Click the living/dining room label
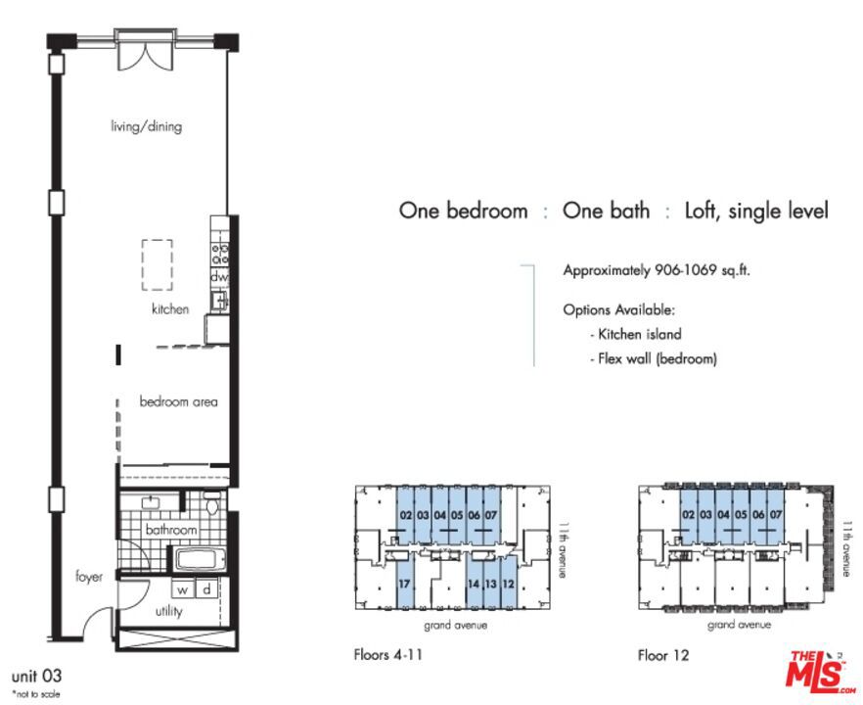[x=147, y=126]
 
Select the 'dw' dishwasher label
[x=218, y=277]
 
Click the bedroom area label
[x=178, y=401]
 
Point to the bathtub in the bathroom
[x=200, y=561]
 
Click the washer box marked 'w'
[x=182, y=589]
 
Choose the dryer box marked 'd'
[x=207, y=589]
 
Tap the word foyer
[x=89, y=577]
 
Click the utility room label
[x=168, y=611]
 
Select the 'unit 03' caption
[x=36, y=676]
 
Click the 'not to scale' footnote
[x=36, y=694]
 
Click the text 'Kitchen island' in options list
[x=640, y=334]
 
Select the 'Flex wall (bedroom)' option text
[x=658, y=359]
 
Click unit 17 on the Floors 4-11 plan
[x=404, y=584]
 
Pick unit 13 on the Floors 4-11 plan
[x=491, y=584]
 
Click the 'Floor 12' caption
[x=663, y=655]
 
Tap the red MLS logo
[x=819, y=671]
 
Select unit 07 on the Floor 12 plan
[x=776, y=514]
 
